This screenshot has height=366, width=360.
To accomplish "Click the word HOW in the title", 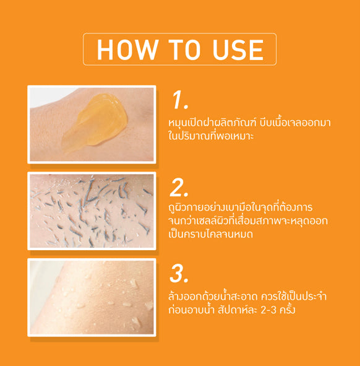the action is point(127,50).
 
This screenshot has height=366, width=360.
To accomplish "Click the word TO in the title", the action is point(185,50).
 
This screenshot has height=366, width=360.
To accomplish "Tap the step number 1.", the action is point(179,100).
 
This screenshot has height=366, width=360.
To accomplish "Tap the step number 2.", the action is point(179,188).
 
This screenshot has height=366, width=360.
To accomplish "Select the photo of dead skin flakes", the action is point(92,211).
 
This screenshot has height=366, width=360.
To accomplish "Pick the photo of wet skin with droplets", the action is point(92,297).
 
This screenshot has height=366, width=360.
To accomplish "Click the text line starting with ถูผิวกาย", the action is point(241,207).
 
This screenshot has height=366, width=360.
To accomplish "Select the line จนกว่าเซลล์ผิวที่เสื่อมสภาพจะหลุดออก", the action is point(248,220).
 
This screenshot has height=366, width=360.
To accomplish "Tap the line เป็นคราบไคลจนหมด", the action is point(211,234).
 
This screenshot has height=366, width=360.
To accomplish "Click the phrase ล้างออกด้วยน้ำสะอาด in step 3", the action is point(213,297).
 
